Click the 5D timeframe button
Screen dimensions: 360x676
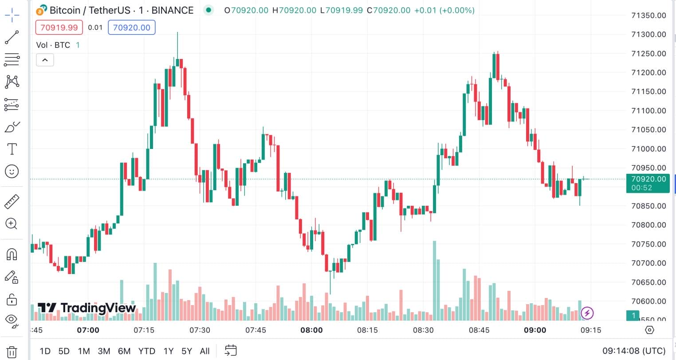(x=64, y=351)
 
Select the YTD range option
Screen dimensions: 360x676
(x=146, y=351)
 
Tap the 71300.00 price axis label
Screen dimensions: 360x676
(x=648, y=35)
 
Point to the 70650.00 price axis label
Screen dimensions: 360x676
(x=648, y=282)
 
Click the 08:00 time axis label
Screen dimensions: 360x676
(x=311, y=330)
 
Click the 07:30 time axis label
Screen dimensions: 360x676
(x=200, y=330)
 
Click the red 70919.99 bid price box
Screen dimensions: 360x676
(x=59, y=27)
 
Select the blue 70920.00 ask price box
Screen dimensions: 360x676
(x=132, y=27)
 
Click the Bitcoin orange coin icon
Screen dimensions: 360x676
(x=42, y=10)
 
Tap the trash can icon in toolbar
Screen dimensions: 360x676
(x=12, y=352)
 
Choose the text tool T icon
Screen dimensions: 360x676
(x=12, y=149)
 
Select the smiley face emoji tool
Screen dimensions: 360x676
(x=12, y=171)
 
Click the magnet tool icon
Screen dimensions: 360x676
(x=12, y=254)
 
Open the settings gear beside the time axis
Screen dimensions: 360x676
(x=649, y=330)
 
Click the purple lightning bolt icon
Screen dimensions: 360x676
(x=587, y=313)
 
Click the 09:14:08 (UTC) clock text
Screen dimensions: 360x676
(x=634, y=351)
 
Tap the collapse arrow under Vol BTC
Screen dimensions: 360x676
(x=45, y=60)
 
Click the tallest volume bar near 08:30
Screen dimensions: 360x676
(x=434, y=280)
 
